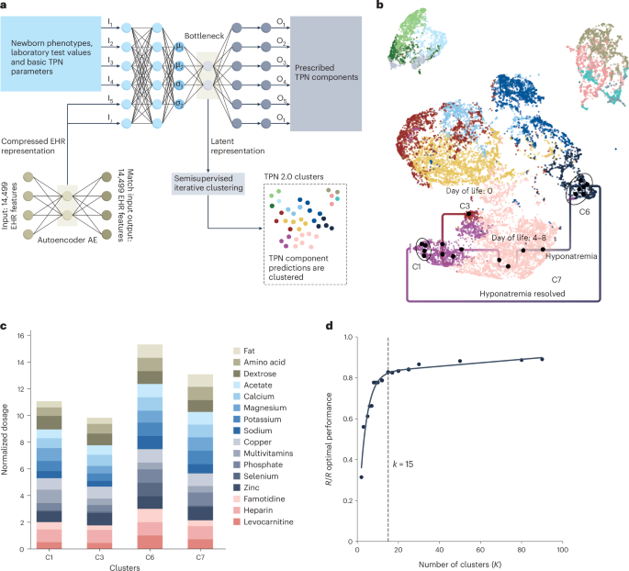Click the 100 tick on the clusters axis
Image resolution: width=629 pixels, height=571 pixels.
(x=561, y=549)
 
